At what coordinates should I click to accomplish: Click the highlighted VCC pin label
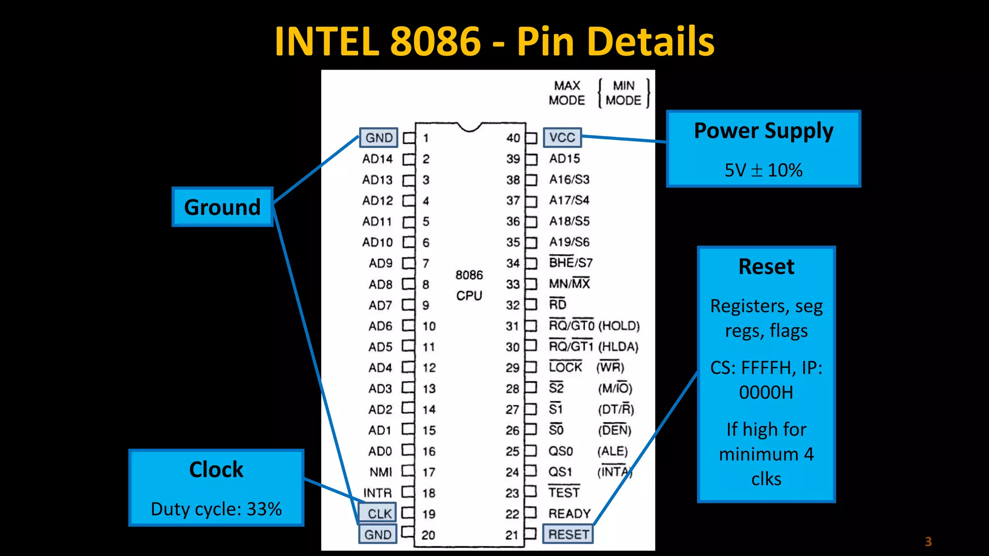click(x=562, y=138)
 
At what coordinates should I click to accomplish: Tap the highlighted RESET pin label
click(x=568, y=534)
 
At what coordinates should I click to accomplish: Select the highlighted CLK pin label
click(x=379, y=514)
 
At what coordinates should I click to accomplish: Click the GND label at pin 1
click(x=379, y=138)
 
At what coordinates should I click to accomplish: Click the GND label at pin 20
click(x=378, y=534)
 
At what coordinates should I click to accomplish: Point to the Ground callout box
click(x=223, y=207)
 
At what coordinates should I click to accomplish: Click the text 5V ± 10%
click(x=763, y=170)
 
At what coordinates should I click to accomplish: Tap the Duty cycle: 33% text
click(x=216, y=509)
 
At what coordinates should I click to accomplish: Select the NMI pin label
click(x=381, y=472)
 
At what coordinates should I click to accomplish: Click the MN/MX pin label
click(x=569, y=283)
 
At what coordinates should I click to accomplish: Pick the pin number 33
click(x=513, y=284)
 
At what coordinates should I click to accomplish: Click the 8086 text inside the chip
click(x=469, y=275)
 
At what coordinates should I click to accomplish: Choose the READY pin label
click(x=569, y=514)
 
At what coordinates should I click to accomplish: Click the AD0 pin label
click(x=380, y=451)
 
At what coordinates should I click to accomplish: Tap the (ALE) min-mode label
click(x=612, y=451)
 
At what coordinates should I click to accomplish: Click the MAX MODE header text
click(x=566, y=93)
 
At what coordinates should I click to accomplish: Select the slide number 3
click(x=928, y=542)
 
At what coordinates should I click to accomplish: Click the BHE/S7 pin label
click(x=570, y=263)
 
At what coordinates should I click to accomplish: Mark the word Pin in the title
click(x=545, y=42)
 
